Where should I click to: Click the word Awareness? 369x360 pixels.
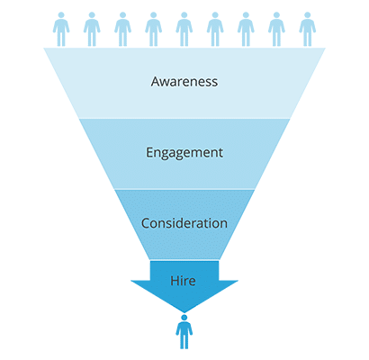coord(184,81)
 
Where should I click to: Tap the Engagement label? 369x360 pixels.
coord(184,153)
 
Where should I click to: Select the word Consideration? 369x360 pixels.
coord(184,223)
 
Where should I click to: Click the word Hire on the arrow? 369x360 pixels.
coord(183,281)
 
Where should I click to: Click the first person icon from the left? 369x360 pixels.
coord(61,29)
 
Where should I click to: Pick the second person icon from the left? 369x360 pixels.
coord(92,29)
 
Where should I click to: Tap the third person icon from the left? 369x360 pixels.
coord(122,29)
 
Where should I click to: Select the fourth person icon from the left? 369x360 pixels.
coord(153,29)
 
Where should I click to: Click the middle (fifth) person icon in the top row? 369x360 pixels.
coord(184,29)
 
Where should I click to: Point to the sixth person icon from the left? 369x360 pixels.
coord(215,29)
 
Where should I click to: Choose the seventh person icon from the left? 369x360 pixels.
coord(246,29)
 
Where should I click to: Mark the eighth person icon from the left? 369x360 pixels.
coord(276,29)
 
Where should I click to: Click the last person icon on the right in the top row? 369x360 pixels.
coord(307,29)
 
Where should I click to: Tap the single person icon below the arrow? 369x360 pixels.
coord(184,332)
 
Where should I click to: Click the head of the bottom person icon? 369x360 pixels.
coord(184,318)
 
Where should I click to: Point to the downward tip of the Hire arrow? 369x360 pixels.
coord(184,312)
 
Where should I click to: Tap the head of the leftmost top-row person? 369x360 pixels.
coord(61,15)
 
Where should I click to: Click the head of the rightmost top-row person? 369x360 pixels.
coord(307,15)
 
